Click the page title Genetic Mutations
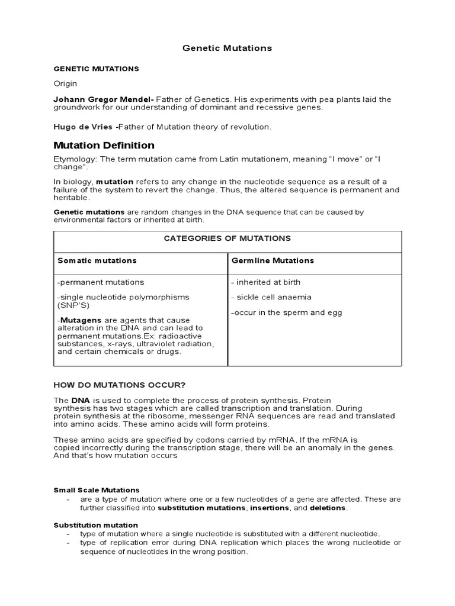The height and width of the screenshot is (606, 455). tap(227, 48)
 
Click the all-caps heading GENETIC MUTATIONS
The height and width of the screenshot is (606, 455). tap(96, 69)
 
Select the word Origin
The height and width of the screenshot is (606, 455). tap(65, 83)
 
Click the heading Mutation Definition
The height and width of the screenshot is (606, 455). tap(104, 145)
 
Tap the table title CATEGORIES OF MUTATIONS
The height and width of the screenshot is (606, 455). tap(227, 238)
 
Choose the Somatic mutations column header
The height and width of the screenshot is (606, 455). tap(97, 260)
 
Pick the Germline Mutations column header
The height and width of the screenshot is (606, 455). tap(273, 260)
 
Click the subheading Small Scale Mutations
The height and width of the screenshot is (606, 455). tap(97, 490)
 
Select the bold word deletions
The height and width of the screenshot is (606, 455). tap(328, 508)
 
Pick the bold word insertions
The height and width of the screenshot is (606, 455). tap(270, 508)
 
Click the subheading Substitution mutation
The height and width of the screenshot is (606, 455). tap(95, 525)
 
